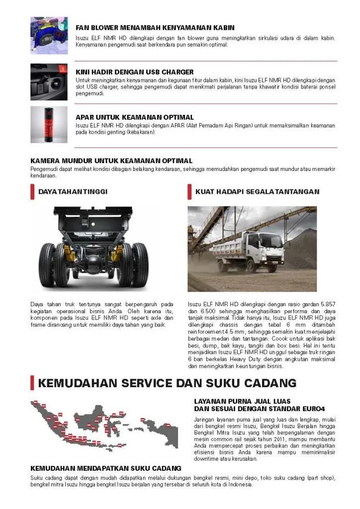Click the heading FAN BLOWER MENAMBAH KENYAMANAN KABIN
coord(155,28)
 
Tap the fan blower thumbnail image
coord(49,35)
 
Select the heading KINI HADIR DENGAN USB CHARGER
coord(134,72)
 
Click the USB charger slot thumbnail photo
coord(49,82)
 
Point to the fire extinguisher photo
coord(49,124)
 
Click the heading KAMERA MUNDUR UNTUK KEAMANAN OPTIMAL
coord(111,161)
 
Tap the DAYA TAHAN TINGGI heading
coord(73,191)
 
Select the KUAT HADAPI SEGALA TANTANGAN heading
coord(257,191)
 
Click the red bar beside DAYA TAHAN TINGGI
coord(32,191)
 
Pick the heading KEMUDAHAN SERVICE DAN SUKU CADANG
coord(167,383)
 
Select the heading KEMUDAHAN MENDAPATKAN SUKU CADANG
coord(106,468)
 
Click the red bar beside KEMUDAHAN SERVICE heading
coord(32,383)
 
